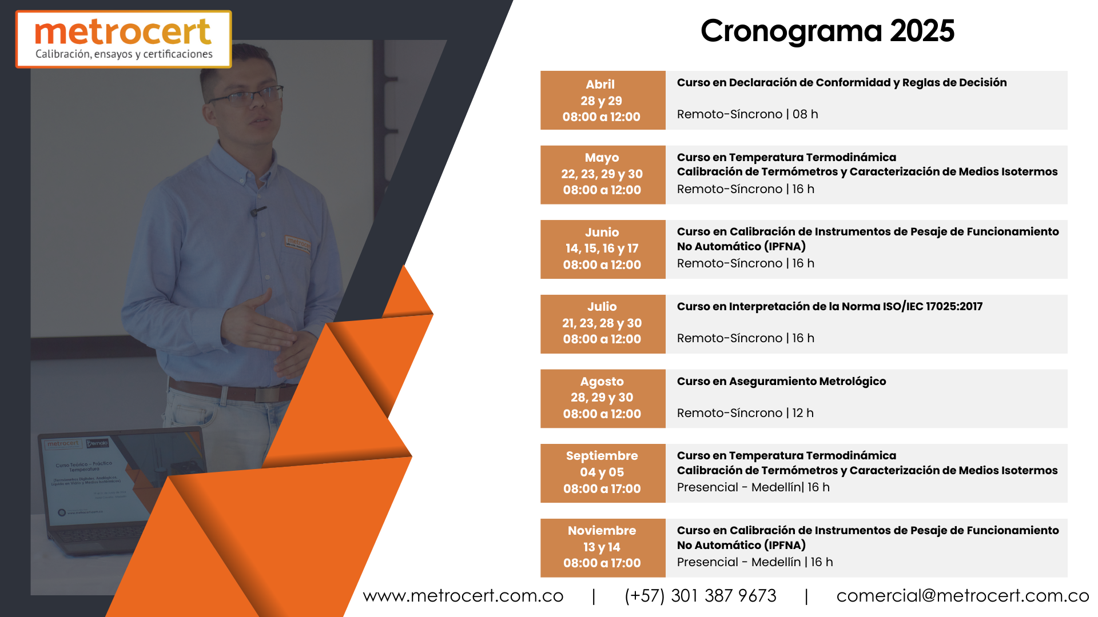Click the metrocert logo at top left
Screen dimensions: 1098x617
coord(124,39)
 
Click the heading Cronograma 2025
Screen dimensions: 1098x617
coord(828,31)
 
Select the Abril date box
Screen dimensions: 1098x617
coord(603,101)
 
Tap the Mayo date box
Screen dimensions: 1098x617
coord(603,175)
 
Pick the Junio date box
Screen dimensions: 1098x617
coord(603,250)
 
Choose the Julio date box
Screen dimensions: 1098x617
coord(603,324)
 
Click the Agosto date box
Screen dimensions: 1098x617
coord(603,399)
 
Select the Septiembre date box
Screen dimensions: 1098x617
coord(603,473)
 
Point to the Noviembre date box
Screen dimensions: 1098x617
coord(603,548)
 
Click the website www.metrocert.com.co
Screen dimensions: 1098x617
coord(463,596)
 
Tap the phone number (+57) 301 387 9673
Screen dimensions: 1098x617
coord(701,596)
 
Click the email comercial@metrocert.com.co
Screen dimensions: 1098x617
coord(962,596)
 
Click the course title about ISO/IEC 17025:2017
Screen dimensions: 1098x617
coord(830,307)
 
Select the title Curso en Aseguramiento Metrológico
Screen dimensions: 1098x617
coord(782,382)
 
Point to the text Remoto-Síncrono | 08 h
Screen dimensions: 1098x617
coord(747,114)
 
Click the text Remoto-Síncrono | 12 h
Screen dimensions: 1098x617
coord(745,413)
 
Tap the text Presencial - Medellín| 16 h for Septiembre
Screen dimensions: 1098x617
coord(753,487)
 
